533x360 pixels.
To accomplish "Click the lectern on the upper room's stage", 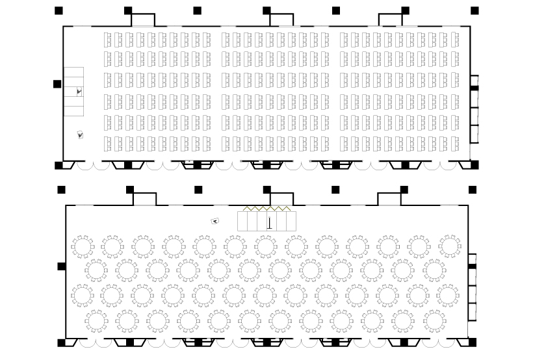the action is [79, 92].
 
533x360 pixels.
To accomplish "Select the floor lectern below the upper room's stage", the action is [81, 135].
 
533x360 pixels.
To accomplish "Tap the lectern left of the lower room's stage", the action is [214, 221].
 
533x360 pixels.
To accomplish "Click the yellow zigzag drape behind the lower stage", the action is [266, 209].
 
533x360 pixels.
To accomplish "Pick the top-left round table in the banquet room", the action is [83, 247].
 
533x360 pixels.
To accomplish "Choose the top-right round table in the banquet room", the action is [450, 246].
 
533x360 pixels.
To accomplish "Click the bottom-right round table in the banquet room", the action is [435, 320].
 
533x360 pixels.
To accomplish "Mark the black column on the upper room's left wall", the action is [57, 84].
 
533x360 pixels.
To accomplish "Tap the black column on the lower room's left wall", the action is [61, 266].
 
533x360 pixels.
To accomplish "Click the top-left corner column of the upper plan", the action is [58, 10].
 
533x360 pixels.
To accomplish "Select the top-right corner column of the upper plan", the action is [474, 10].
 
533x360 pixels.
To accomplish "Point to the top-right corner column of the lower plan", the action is [473, 190].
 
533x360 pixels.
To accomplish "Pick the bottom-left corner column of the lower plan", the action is [61, 342].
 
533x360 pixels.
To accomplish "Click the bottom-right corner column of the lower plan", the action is [473, 342].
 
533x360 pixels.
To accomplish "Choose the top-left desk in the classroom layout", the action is [108, 38].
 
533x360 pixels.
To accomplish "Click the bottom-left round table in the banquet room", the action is [97, 320].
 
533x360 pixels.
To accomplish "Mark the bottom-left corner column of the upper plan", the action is [58, 165].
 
